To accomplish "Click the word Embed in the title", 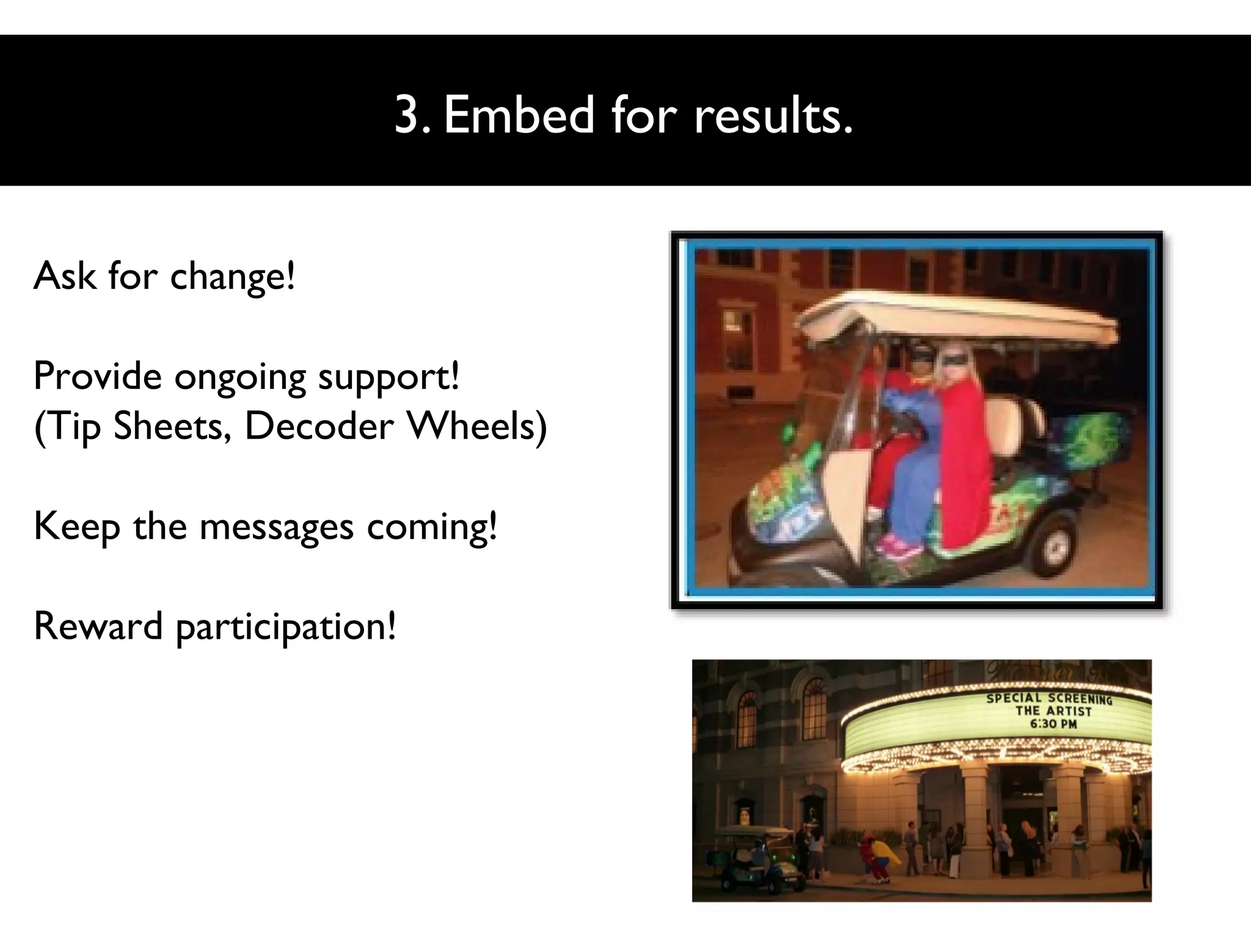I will point(518,114).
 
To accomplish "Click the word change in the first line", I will point(232,277).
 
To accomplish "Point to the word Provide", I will point(97,376).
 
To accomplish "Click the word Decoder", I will point(318,426).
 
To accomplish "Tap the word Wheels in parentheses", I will point(476,426).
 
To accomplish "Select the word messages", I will point(276,526).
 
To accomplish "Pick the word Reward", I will point(98,626).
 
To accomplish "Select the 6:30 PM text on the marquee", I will point(1053,724).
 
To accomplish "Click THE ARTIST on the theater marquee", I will point(1053,711).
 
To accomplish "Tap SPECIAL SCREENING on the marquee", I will point(1048,699).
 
